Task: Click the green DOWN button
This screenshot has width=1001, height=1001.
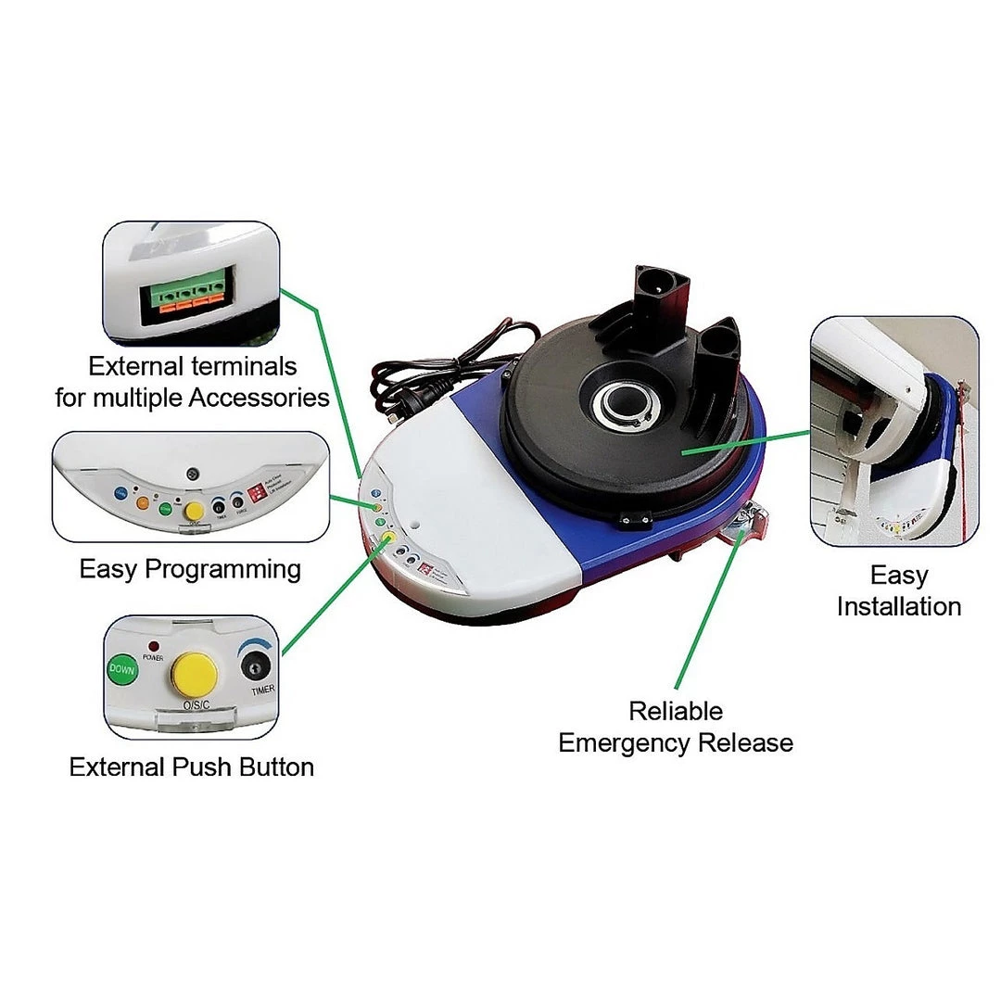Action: [x=121, y=668]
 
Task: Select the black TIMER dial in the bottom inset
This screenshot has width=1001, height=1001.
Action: [x=253, y=667]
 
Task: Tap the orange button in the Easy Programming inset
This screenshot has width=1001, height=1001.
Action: [x=143, y=502]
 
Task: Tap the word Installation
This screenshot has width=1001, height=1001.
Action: [x=898, y=606]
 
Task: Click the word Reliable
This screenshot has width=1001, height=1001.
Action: [x=676, y=711]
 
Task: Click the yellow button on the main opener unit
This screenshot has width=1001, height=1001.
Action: [x=388, y=537]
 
